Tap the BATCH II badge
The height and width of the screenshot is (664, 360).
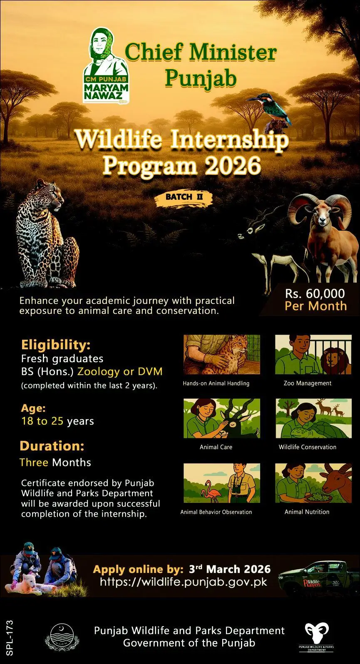pyautogui.click(x=184, y=197)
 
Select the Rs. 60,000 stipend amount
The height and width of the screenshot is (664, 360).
pyautogui.click(x=315, y=293)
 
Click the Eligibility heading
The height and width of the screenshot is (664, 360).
pyautogui.click(x=56, y=345)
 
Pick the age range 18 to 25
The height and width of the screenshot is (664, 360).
pyautogui.click(x=42, y=421)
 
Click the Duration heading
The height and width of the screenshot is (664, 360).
pyautogui.click(x=52, y=446)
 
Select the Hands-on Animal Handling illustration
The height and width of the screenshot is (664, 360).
pyautogui.click(x=222, y=355)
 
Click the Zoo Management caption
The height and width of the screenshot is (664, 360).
pyautogui.click(x=307, y=383)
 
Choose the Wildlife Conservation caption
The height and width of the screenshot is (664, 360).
pyautogui.click(x=307, y=447)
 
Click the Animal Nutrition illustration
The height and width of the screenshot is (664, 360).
pyautogui.click(x=313, y=483)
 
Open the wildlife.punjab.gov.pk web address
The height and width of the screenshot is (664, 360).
pyautogui.click(x=184, y=582)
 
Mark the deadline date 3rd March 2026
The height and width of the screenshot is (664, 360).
pyautogui.click(x=230, y=569)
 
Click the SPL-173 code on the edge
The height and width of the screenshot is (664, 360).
pyautogui.click(x=10, y=638)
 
